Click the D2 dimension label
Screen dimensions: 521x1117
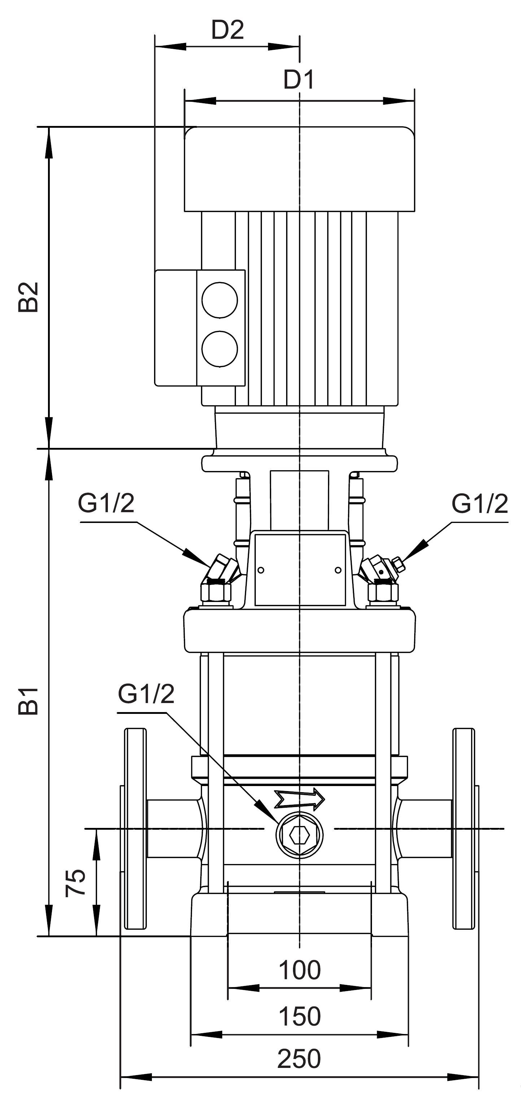click(228, 30)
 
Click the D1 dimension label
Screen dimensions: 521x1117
click(299, 80)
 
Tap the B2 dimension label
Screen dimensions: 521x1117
click(29, 297)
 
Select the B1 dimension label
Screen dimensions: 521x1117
click(29, 700)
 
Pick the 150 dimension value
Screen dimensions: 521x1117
click(299, 1016)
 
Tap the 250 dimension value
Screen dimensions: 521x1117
click(299, 1059)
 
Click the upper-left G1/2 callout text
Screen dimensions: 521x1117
click(106, 503)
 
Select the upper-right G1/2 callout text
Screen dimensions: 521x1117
click(480, 504)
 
